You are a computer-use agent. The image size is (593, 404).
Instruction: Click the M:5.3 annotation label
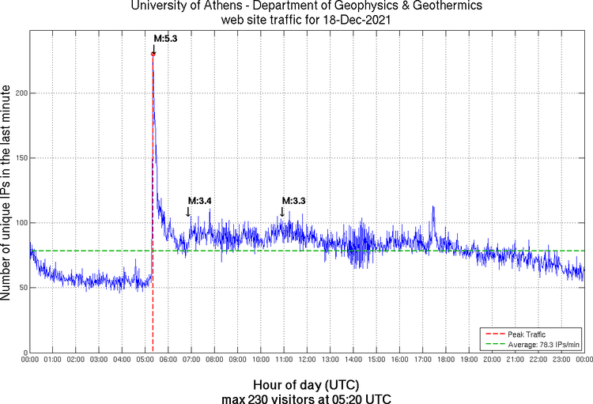(x=164, y=38)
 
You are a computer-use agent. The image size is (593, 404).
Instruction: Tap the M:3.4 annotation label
(x=199, y=201)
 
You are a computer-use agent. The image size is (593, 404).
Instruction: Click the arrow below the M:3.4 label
(x=188, y=212)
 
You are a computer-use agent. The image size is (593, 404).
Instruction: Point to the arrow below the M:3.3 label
(x=281, y=212)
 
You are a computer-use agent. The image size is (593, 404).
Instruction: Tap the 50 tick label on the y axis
(x=21, y=288)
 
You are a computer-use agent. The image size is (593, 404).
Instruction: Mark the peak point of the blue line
(x=153, y=54)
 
